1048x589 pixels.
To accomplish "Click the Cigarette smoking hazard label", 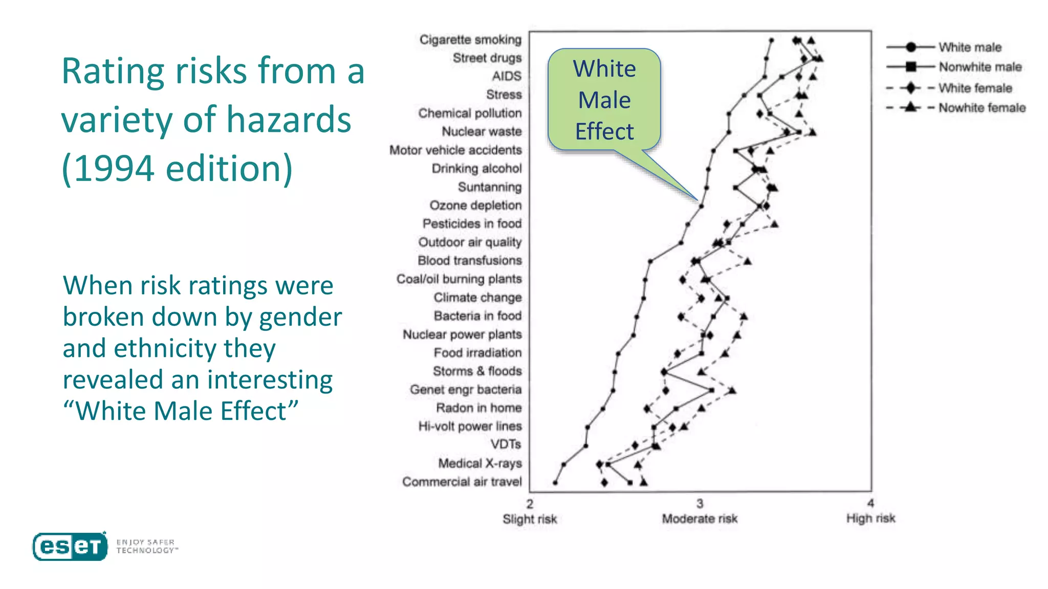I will (x=470, y=40).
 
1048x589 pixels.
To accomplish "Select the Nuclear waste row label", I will (x=482, y=132).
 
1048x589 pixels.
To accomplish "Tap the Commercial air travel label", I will (x=462, y=482).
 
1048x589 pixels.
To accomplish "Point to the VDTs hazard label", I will (x=506, y=444).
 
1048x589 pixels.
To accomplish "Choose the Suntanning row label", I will (x=490, y=187).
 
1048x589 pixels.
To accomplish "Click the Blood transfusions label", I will (x=470, y=261).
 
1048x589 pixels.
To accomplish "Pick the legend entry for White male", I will (x=969, y=48).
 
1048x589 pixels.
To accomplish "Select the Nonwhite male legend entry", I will (x=979, y=67).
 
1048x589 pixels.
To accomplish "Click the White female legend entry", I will (x=975, y=88).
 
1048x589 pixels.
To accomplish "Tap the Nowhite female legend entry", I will (x=981, y=108).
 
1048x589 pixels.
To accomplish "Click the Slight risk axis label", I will (x=530, y=519).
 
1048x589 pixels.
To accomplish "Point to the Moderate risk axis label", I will (x=700, y=519).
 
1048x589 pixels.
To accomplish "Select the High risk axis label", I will (x=870, y=518).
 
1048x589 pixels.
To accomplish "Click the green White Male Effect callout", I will (x=604, y=100).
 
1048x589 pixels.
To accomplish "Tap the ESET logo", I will (x=70, y=547).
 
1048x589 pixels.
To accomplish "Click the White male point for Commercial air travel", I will (x=555, y=483).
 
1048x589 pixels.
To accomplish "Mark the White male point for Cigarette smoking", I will (x=772, y=40).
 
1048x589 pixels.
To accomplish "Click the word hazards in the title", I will (x=289, y=120).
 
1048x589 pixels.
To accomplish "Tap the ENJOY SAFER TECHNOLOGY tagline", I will (x=146, y=546).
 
